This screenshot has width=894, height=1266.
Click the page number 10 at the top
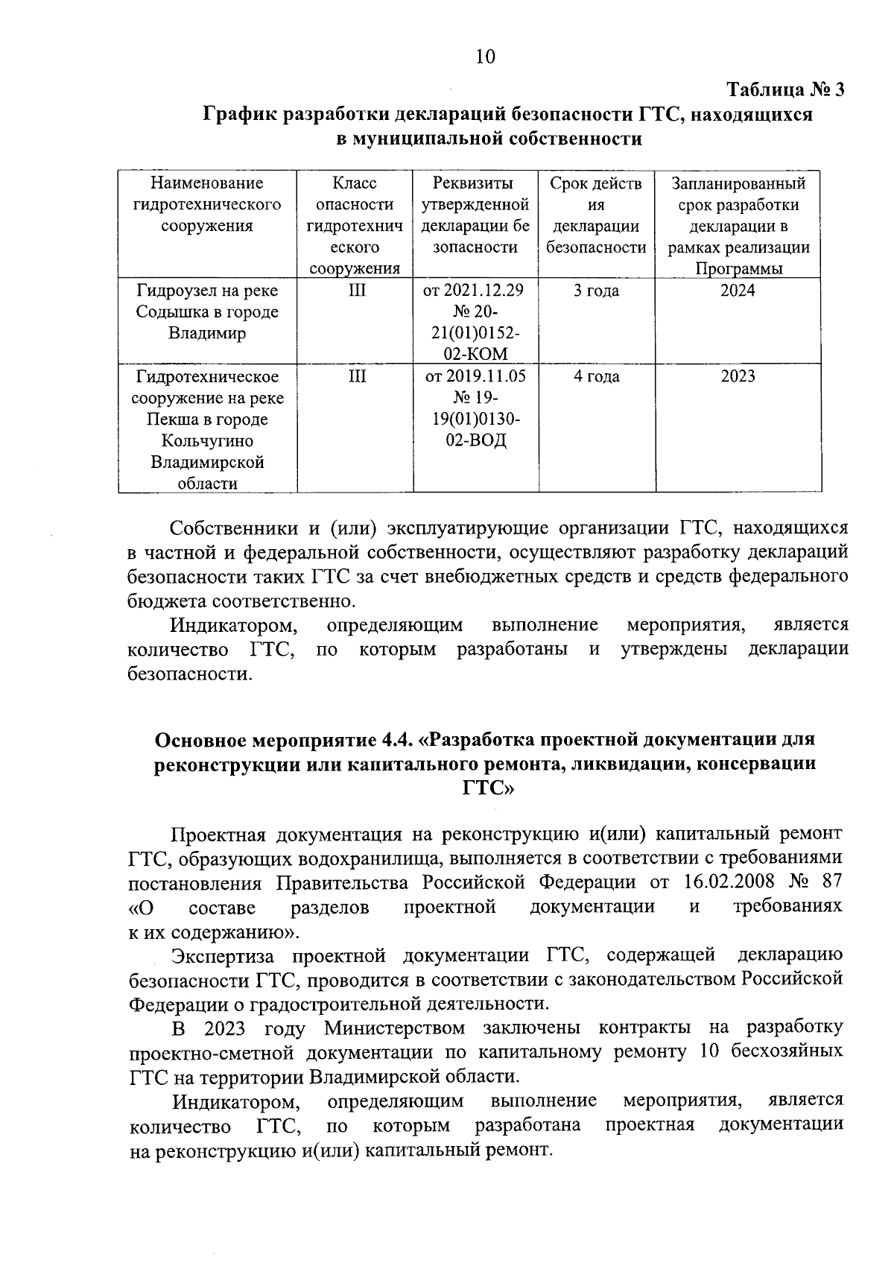click(484, 57)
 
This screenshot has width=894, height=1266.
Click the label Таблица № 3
click(785, 90)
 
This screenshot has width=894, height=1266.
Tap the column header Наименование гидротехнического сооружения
click(207, 204)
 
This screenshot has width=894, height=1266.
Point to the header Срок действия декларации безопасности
click(596, 215)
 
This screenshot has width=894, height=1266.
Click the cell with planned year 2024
click(738, 291)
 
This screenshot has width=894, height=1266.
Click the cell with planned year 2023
click(738, 376)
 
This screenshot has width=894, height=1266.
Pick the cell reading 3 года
click(596, 291)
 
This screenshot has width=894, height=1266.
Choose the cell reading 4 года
click(596, 376)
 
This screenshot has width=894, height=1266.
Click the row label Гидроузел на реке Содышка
click(207, 311)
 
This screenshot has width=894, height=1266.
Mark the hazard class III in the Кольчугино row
click(357, 376)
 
